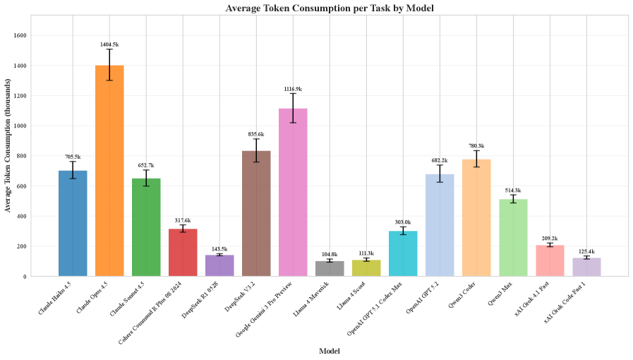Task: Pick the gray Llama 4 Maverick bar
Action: click(x=330, y=268)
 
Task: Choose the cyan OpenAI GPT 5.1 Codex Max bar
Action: click(x=403, y=253)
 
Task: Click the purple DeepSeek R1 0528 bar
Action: click(x=219, y=265)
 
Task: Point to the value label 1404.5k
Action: click(x=109, y=44)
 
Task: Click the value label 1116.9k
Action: click(x=293, y=89)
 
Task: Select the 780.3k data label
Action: click(x=476, y=145)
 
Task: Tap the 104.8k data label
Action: click(x=330, y=254)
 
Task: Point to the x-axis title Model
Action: click(x=330, y=351)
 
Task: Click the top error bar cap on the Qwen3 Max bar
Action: click(x=513, y=194)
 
